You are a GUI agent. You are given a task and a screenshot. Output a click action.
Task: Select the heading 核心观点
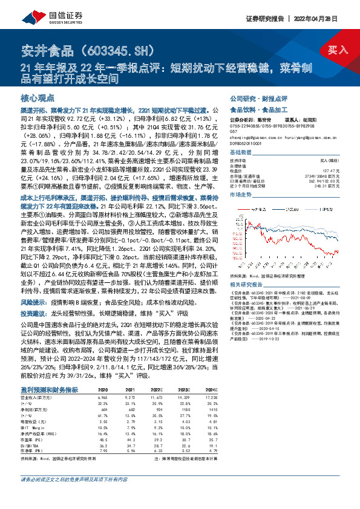tap(38, 97)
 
